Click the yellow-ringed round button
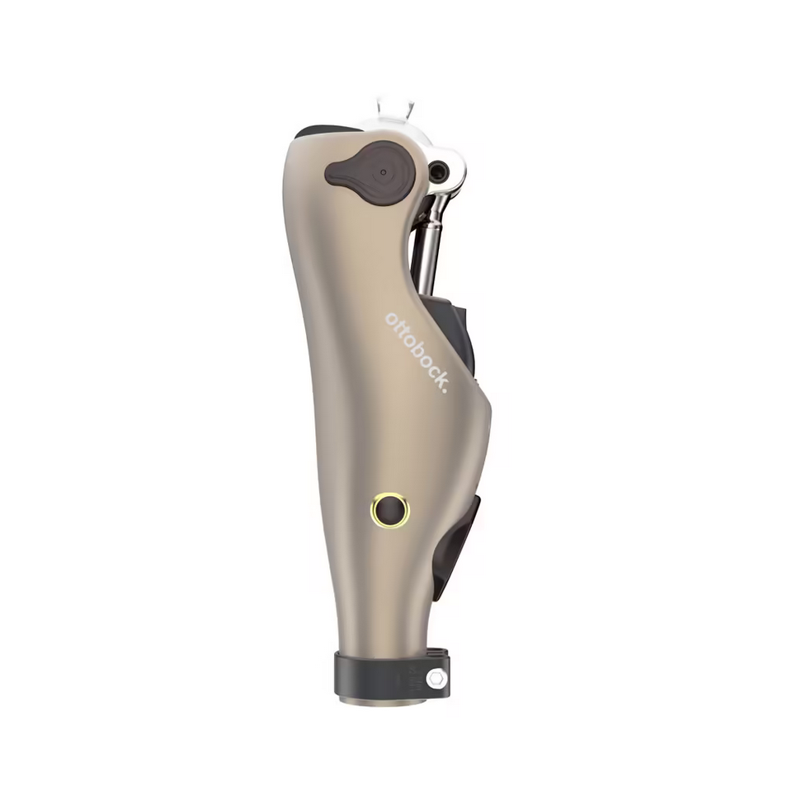390,510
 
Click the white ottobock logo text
417,352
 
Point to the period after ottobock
445,389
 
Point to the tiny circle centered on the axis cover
384,172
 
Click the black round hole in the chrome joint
438,170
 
